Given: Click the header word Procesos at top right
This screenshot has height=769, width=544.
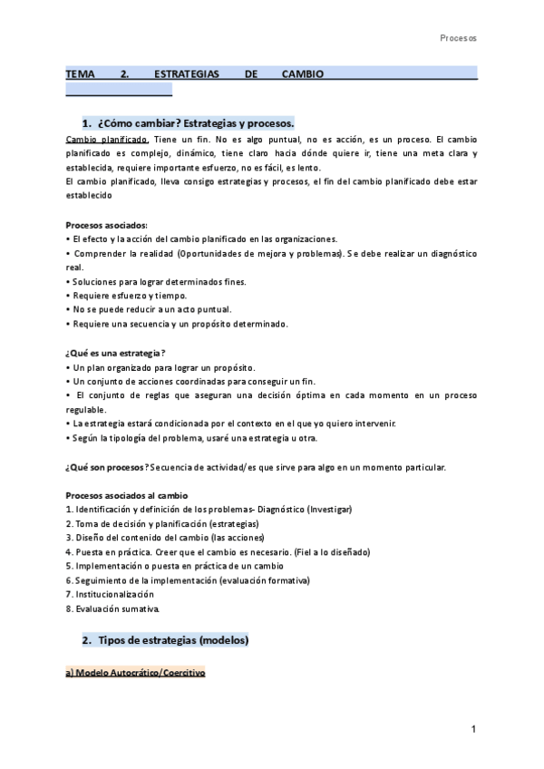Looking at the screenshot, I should [458, 39].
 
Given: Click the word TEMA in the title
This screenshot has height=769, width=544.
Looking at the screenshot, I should [81, 73].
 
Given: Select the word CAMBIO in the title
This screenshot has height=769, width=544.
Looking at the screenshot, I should [302, 73].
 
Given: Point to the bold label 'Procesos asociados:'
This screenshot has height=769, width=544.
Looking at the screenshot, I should [105, 225].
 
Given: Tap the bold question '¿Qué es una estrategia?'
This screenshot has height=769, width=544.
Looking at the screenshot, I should [116, 352].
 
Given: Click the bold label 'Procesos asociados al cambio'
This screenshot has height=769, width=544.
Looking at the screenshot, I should [127, 495].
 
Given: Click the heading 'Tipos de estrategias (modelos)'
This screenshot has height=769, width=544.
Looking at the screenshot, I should [170, 640].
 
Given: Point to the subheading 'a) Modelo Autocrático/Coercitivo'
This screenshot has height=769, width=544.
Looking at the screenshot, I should [136, 674].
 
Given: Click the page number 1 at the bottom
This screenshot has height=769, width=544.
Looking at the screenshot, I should [473, 730].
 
